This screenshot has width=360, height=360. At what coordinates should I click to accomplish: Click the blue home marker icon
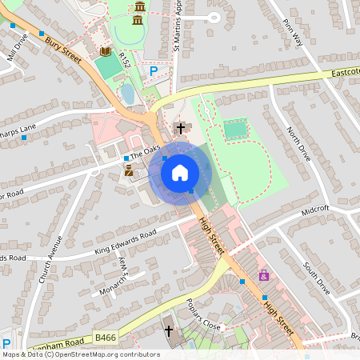click(x=180, y=173)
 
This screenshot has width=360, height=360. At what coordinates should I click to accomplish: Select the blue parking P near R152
click(x=154, y=71)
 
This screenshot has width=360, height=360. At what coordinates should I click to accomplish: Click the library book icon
click(x=105, y=51)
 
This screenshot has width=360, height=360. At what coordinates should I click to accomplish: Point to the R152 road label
click(x=124, y=59)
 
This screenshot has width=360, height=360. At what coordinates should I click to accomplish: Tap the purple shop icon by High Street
click(x=263, y=275)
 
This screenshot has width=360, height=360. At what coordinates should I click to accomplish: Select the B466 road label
click(x=105, y=338)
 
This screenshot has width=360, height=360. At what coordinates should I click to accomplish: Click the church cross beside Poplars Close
click(x=169, y=330)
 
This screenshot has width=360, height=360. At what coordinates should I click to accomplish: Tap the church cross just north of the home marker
click(x=181, y=128)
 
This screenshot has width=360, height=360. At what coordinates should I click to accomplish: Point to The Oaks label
click(x=145, y=150)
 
